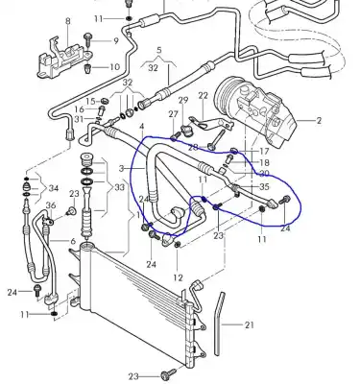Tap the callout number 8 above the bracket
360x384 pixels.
pos(68,20)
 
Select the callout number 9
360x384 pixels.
pos(115,41)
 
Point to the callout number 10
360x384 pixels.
pos(115,67)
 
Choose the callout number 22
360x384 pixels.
pos(204,96)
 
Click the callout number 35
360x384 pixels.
pos(264,186)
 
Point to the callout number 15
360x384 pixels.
pos(91,100)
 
